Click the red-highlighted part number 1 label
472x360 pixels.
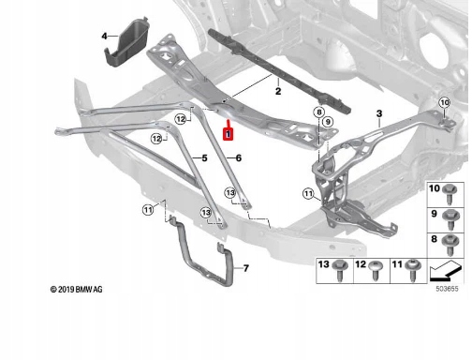coord(229,134)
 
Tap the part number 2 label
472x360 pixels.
coord(278,91)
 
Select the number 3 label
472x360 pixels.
coord(379,113)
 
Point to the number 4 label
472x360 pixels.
coord(104,37)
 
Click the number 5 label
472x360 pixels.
coord(204,158)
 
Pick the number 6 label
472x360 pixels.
coord(239,158)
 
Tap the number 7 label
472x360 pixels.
coord(246,268)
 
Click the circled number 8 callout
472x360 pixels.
coord(318,112)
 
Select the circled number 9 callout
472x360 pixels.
coord(328,121)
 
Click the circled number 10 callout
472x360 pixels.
coord(445,102)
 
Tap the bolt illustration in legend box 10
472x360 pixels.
coord(450,194)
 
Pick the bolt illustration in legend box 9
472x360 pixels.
coord(450,219)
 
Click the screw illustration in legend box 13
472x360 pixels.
coord(340,270)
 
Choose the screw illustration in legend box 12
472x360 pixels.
coord(376,271)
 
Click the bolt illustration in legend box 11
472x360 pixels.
coord(412,270)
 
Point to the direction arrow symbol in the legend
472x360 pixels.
coord(445,271)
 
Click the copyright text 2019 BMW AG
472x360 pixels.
coord(76,290)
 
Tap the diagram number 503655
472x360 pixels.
coord(447,289)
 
